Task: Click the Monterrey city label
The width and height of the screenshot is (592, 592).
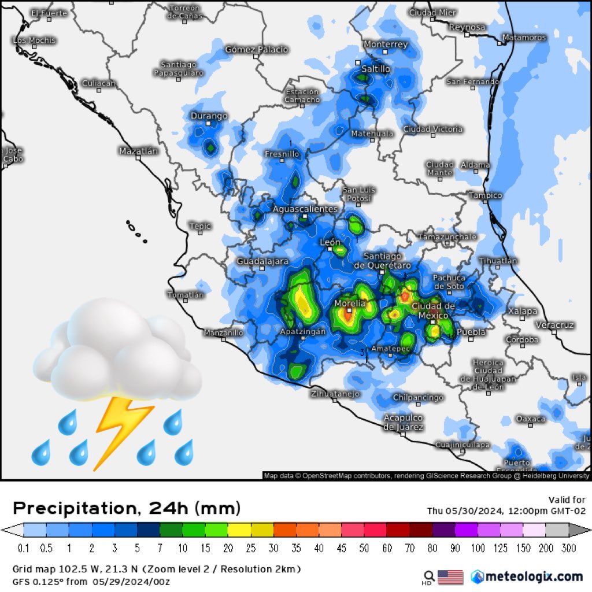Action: coord(386,44)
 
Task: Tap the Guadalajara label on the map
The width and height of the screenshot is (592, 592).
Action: coord(262,261)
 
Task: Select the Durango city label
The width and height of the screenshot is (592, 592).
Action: coord(209,116)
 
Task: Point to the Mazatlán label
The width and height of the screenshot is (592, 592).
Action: coord(138,151)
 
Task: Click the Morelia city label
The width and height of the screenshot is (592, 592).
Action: coord(350,303)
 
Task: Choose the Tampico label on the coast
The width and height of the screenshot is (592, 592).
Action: coord(485,195)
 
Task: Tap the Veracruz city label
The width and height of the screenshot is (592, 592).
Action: coord(554,325)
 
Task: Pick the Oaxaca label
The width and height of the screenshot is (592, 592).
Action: coord(530,418)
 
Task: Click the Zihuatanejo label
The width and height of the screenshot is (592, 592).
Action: coord(335,394)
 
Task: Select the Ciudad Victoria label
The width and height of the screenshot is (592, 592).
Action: coord(432,128)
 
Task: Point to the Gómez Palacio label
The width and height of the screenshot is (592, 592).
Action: coord(256,49)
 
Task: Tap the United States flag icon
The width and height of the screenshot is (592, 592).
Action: coord(450,576)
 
